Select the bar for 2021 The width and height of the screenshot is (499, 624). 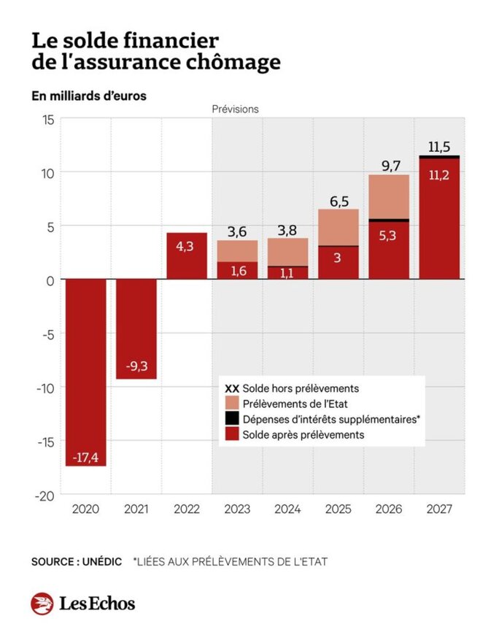[x=136, y=328]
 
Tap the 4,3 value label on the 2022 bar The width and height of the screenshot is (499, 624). [x=187, y=247]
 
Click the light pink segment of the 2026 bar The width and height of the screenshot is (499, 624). [x=388, y=196]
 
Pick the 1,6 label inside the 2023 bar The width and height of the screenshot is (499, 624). [x=237, y=271]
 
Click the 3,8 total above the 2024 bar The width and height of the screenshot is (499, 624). [x=287, y=230]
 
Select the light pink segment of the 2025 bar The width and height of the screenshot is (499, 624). [x=338, y=227]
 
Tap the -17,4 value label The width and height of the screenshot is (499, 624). [x=86, y=458]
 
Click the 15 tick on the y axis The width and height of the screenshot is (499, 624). [x=46, y=120]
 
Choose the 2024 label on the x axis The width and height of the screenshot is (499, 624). [x=287, y=509]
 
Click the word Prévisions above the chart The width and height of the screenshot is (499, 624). [x=235, y=109]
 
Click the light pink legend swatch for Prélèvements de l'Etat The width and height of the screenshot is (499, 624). [x=232, y=404]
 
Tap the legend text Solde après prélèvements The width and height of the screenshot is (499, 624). [x=303, y=434]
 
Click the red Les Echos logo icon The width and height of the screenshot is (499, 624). [x=42, y=604]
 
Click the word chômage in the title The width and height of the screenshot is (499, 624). [x=237, y=63]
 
